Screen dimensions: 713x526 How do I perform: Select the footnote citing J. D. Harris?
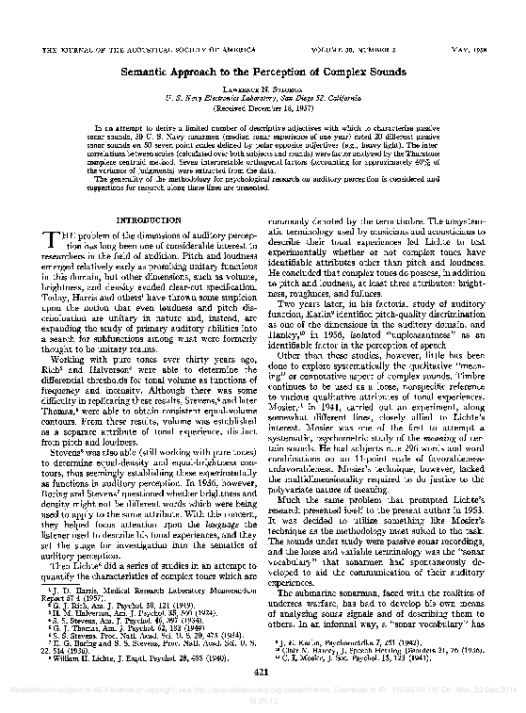[x=141, y=560]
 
